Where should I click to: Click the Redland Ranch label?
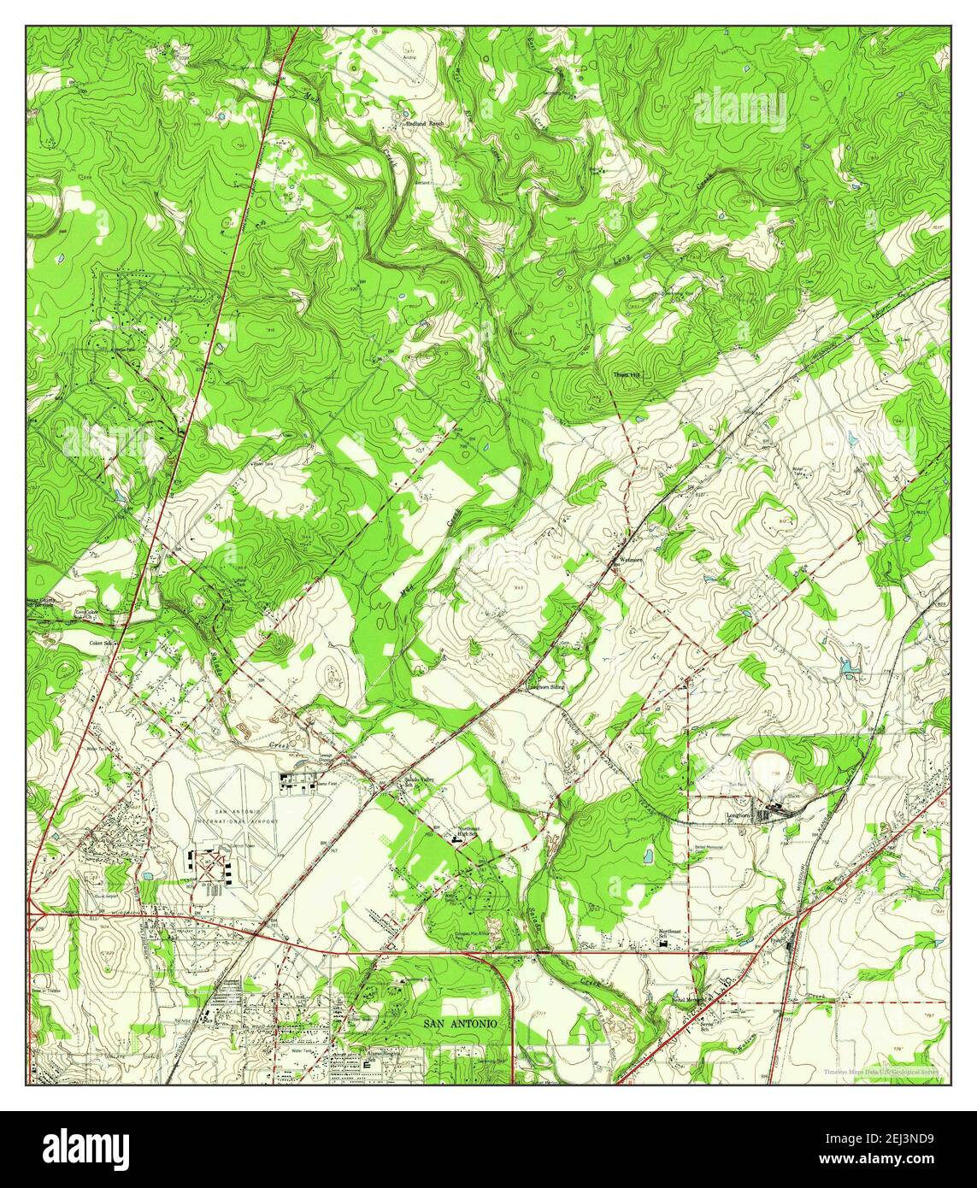pos(425,124)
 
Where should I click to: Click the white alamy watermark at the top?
pos(739,109)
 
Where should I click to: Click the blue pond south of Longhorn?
pos(648,856)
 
